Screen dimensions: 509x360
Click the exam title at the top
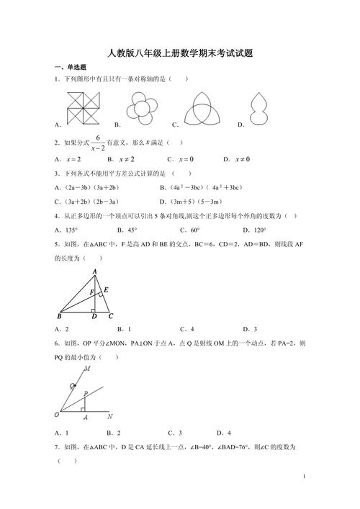point(179,53)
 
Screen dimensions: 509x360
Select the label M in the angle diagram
point(87,369)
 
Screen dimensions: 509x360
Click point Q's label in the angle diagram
point(73,386)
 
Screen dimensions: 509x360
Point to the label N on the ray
point(108,416)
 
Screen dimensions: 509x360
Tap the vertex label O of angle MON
point(56,415)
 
